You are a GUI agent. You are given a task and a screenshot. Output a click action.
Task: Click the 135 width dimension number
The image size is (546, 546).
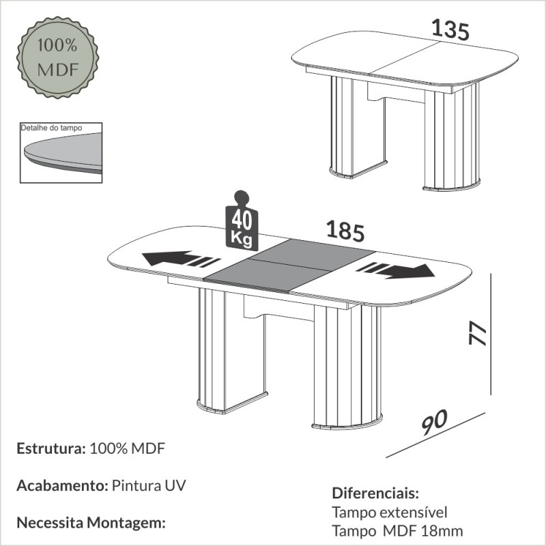click(450, 29)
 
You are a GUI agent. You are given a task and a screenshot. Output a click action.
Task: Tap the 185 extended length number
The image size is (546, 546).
click(345, 231)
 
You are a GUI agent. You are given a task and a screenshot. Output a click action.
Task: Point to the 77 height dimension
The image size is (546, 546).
click(477, 334)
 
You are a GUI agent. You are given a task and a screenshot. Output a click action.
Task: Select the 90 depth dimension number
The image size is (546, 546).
click(434, 422)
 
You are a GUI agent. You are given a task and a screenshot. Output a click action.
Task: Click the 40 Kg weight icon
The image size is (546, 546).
click(242, 220)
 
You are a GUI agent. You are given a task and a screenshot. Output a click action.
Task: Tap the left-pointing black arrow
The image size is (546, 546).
click(181, 259)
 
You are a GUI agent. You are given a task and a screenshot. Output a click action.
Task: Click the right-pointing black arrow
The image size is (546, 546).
click(395, 270)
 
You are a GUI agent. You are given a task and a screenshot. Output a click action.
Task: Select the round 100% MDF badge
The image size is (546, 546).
click(57, 57)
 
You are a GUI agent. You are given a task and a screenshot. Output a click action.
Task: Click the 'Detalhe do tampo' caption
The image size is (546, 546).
click(52, 128)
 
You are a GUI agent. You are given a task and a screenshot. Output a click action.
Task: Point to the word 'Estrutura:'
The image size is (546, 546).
click(51, 448)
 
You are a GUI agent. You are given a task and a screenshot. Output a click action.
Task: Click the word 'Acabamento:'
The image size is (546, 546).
click(62, 485)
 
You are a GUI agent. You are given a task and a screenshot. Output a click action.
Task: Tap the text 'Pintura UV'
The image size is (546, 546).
click(149, 485)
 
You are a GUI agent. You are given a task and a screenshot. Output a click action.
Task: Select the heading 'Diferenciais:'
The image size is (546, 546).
click(375, 493)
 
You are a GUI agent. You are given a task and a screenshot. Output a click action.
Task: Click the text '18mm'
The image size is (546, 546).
click(442, 531)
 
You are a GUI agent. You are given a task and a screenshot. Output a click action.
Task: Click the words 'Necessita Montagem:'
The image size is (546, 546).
click(91, 523)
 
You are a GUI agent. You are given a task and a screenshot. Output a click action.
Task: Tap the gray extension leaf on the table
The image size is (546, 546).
click(289, 265)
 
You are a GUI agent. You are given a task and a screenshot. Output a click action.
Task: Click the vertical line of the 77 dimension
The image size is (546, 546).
click(491, 334)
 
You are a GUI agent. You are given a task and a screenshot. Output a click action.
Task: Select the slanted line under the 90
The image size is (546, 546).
click(435, 435)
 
